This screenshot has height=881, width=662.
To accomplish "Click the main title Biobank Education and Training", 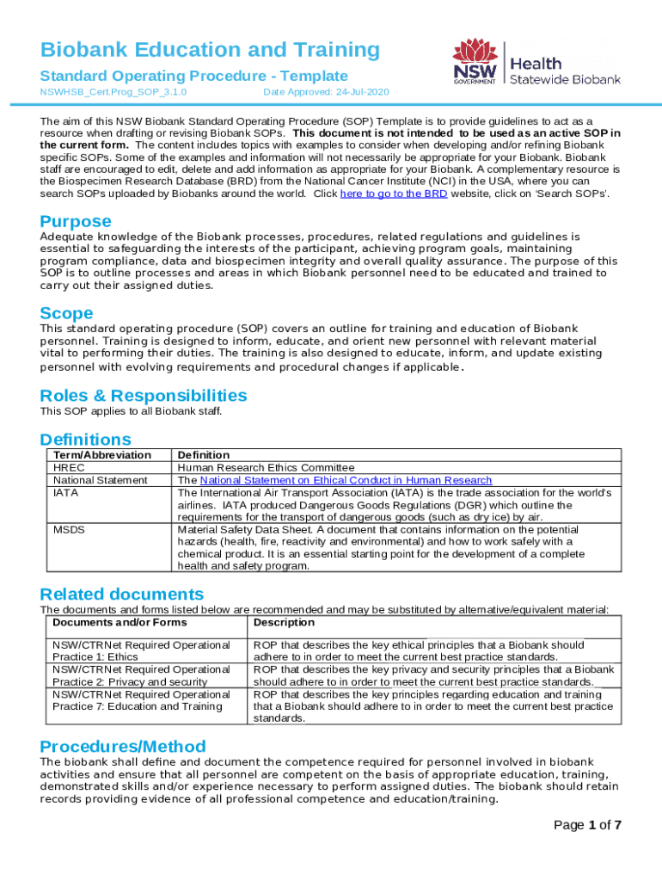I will tap(210, 50).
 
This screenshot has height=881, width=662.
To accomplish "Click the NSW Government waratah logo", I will tap(475, 60).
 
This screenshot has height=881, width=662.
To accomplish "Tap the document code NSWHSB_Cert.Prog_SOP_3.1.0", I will tap(113, 91).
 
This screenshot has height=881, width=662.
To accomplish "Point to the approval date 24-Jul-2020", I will tap(326, 91).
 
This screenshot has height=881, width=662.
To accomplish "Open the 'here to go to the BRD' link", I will tap(393, 194).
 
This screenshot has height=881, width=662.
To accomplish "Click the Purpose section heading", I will tap(77, 220).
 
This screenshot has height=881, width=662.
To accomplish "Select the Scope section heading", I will tap(66, 313).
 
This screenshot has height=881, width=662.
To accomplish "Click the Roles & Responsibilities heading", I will tap(144, 396).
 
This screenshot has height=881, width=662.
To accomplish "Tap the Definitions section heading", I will tap(86, 440).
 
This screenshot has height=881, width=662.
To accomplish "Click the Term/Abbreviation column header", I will tap(101, 454).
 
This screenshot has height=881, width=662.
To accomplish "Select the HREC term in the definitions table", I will tap(69, 467).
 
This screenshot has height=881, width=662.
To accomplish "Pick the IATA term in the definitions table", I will tap(66, 492).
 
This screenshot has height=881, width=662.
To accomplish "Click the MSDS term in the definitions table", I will tap(69, 529).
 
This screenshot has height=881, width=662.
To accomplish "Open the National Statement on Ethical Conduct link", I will tap(346, 480).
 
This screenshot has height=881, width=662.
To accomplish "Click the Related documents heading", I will tap(122, 595).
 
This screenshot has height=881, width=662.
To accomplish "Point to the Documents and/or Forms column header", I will tap(120, 622).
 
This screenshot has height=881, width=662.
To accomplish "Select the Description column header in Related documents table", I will tap(284, 622).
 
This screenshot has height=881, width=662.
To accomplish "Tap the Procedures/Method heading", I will tap(123, 746).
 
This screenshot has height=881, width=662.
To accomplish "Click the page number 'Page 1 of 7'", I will tap(587, 825).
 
